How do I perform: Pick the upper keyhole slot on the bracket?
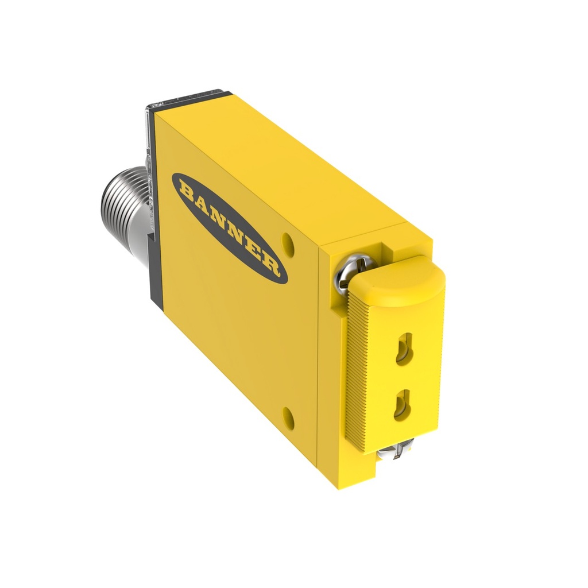(x=404, y=348)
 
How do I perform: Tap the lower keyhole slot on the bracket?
(x=404, y=404)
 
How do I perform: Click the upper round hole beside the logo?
(x=288, y=244)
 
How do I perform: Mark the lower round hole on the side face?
(x=288, y=418)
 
